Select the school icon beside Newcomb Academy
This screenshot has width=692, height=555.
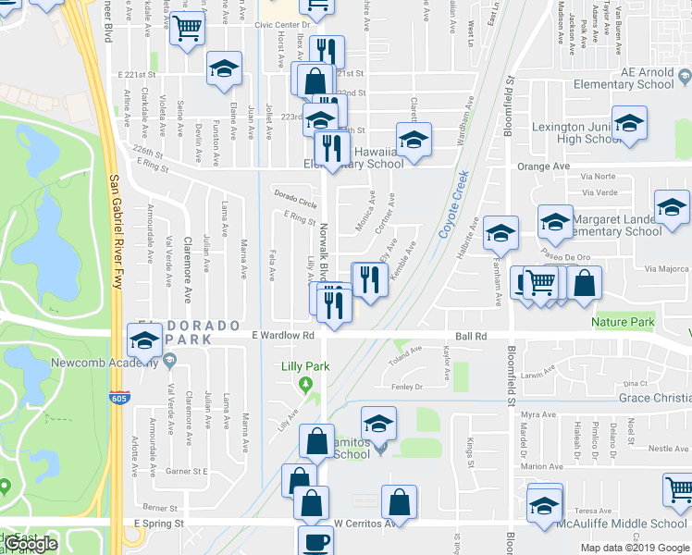pos(143,343)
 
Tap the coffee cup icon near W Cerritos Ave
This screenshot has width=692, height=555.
pos(315,540)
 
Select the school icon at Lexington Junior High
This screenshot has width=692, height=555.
pos(629,123)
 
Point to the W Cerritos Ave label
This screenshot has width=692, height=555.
pos(365,523)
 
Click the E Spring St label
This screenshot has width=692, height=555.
pos(158,523)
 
